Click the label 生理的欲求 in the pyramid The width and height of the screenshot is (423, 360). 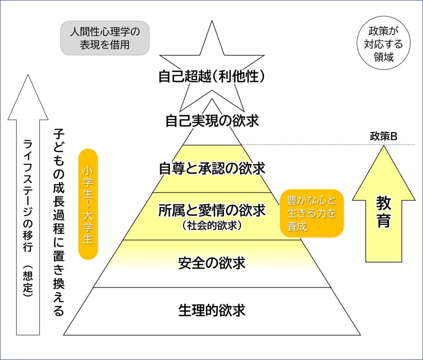pos(212,310)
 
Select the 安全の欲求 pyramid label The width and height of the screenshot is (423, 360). pos(212,263)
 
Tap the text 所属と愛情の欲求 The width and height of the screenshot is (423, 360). pos(212,210)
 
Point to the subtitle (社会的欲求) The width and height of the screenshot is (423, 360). pos(212,225)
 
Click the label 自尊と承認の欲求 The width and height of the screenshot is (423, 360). pos(212,168)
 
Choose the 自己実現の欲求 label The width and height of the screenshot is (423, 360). pos(212,121)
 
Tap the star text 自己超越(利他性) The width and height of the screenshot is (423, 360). pos(212,77)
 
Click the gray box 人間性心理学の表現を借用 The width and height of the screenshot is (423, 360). pos(105,38)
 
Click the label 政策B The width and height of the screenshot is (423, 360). pos(383,136)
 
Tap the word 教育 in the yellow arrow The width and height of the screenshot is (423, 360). pos(384,211)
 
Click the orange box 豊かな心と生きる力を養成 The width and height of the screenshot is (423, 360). pos(312,213)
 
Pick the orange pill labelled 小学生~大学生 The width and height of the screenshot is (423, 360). pos(88,204)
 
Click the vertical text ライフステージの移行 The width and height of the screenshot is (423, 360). pos(28,195)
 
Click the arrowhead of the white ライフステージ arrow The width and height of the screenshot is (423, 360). pos(28,99)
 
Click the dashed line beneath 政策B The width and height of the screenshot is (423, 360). pos(330,145)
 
